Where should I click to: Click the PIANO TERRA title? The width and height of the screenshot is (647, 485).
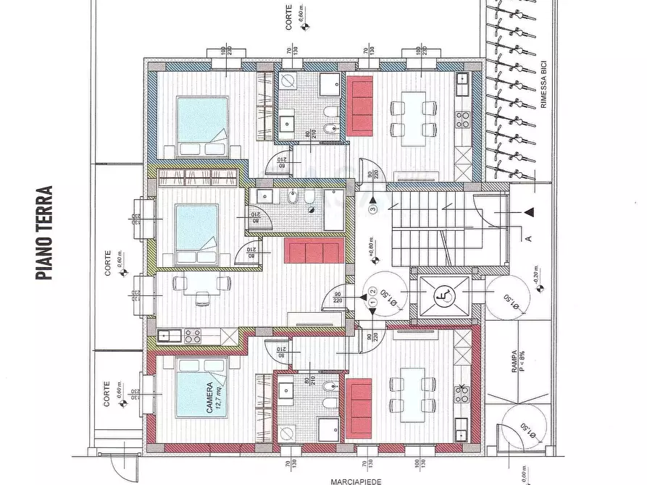[45, 233]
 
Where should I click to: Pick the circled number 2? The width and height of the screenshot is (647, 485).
[372, 292]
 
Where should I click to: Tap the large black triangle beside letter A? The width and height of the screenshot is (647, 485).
[529, 211]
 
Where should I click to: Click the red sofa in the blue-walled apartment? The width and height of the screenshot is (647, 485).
[360, 106]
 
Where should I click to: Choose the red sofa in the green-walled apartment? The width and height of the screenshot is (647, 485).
[313, 250]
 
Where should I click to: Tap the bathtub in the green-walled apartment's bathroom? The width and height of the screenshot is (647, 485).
[332, 210]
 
